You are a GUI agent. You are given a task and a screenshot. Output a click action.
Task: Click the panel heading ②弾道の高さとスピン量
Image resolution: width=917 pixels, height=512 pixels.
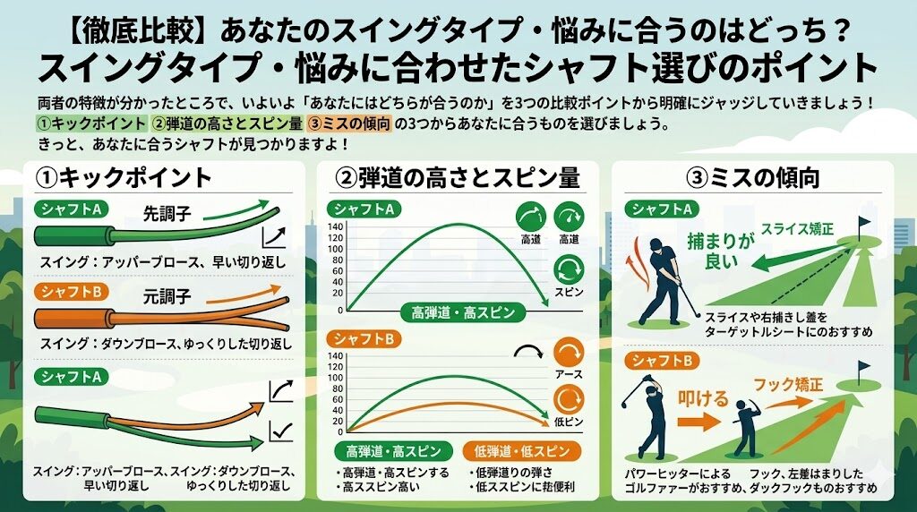click(458, 177)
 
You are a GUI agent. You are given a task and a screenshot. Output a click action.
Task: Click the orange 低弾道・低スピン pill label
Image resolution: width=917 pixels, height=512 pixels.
click(521, 449)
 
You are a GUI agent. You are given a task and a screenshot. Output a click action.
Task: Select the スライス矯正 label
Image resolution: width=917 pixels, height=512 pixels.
click(797, 229)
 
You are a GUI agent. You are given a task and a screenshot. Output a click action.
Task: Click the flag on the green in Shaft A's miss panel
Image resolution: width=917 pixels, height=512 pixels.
click(863, 224)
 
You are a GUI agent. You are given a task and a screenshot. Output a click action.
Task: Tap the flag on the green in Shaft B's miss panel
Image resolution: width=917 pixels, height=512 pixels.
click(863, 369)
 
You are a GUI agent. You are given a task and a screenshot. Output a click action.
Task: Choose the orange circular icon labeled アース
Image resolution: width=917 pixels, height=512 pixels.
click(569, 350)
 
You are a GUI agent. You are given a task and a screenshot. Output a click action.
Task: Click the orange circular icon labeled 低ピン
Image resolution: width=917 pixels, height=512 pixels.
click(569, 399)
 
